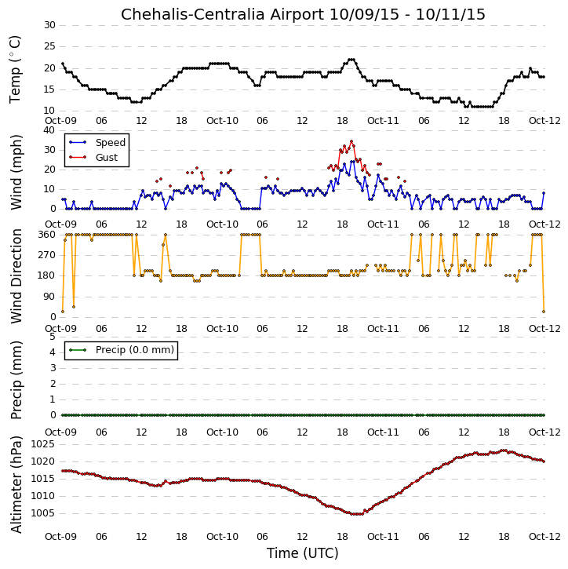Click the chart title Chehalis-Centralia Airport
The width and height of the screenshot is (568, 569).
pos(222,14)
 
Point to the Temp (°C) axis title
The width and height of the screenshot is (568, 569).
pos(15,69)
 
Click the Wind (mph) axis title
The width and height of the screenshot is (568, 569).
pos(16,172)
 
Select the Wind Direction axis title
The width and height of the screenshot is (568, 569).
pos(16,276)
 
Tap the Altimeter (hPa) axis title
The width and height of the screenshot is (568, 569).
pos(16,485)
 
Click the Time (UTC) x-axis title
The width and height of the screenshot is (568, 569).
pos(303,553)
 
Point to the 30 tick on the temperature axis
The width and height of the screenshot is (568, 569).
pos(49,25)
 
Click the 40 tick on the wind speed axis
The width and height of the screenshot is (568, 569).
pos(49,130)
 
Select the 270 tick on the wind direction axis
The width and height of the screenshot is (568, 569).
pos(47,255)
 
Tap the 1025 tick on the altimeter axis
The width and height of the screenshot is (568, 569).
pos(43,444)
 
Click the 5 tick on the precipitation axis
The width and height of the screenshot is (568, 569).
pos(53,337)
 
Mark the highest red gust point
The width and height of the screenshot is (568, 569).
pos(351,141)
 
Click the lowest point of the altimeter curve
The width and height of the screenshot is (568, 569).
pos(358,514)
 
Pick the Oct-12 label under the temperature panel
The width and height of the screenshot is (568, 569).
pos(544,121)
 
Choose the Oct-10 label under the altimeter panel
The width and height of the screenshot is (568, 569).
pos(222,536)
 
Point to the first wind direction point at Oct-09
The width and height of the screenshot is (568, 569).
pos(63,312)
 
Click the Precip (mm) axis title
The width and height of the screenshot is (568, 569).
pos(16,381)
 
